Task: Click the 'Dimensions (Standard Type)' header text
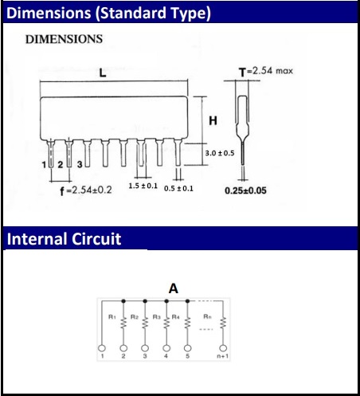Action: [x=108, y=13]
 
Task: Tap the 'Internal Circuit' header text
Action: [x=64, y=239]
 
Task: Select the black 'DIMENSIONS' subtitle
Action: [x=64, y=39]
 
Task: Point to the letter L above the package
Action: [x=103, y=73]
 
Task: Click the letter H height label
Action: [x=213, y=121]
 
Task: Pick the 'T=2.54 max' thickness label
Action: [x=266, y=71]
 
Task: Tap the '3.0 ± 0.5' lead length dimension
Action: [x=220, y=153]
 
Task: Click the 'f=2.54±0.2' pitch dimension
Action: [x=86, y=190]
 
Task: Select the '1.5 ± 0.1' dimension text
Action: [x=143, y=186]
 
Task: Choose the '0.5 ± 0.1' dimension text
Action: [x=178, y=189]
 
